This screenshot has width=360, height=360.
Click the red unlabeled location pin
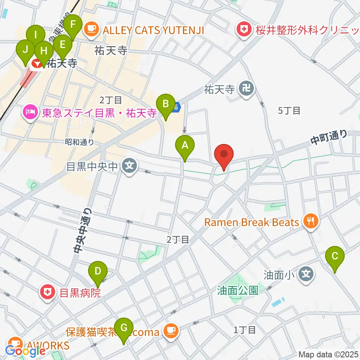(x=224, y=155)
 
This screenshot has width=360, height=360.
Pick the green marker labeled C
(x=335, y=257)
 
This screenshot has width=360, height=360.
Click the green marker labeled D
(x=98, y=272)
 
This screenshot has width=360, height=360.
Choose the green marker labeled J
(x=25, y=50)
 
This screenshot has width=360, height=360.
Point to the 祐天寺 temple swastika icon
(x=247, y=89)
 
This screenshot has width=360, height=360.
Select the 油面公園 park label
(x=238, y=290)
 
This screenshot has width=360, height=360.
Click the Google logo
(x=25, y=351)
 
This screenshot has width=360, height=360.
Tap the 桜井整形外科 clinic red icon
(x=244, y=30)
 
